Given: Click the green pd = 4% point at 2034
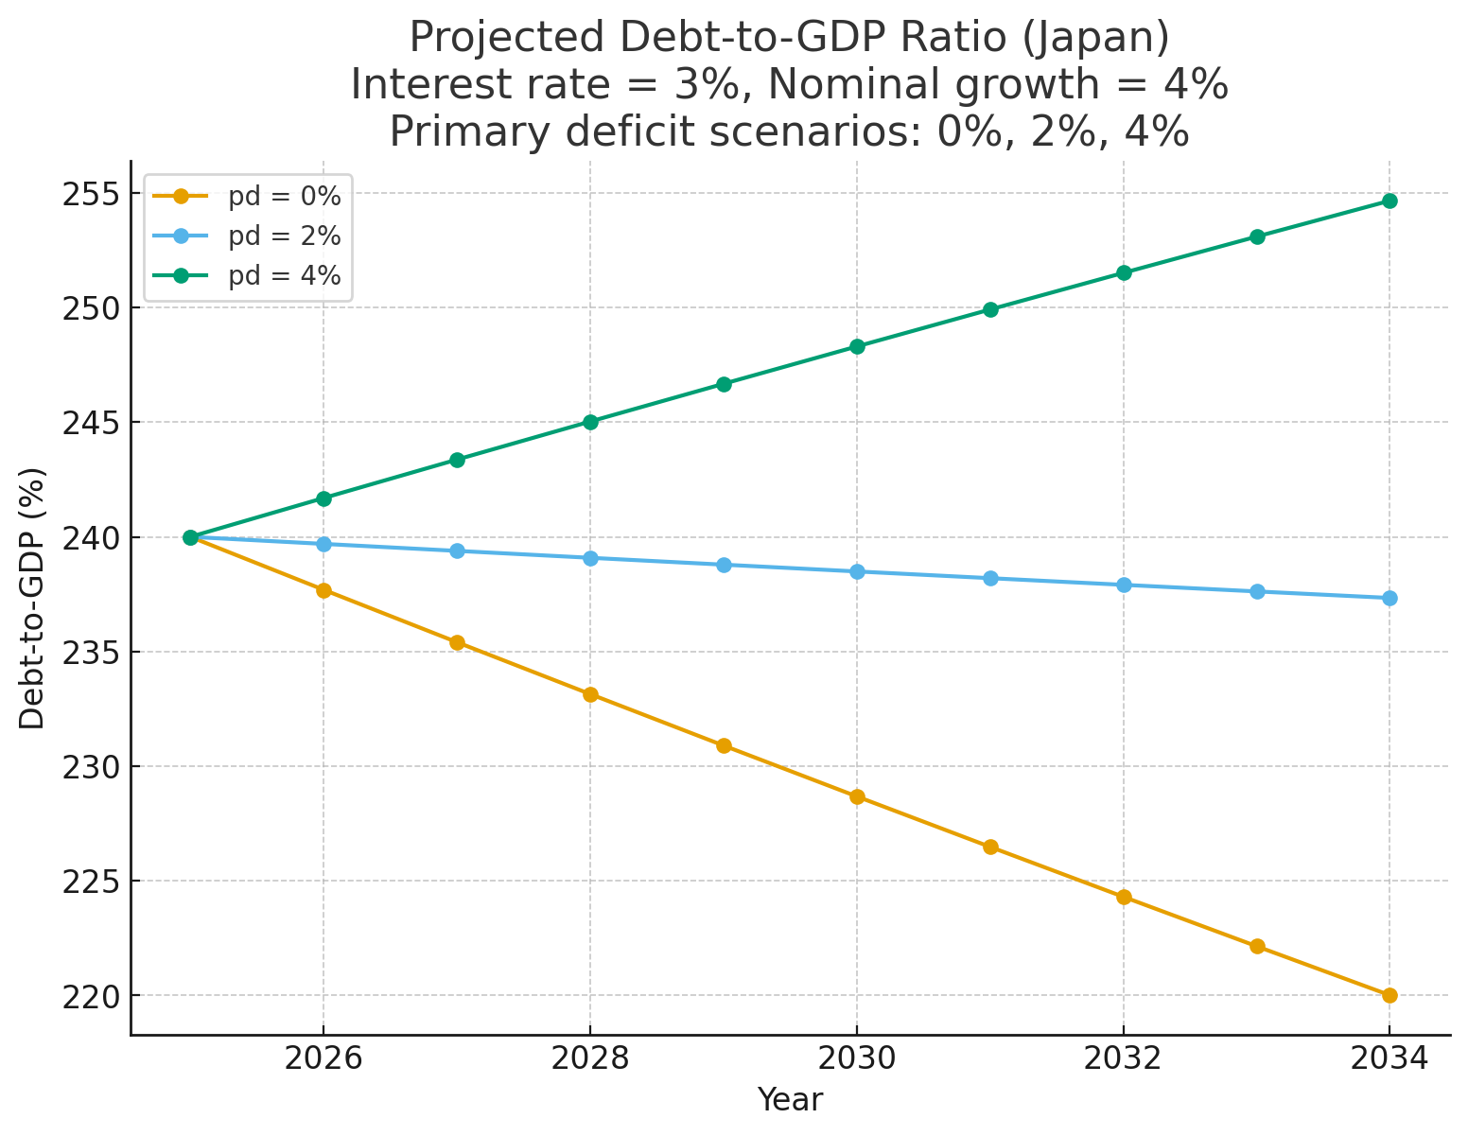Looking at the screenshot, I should [x=1389, y=201].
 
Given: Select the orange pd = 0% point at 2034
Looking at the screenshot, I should [x=1389, y=995].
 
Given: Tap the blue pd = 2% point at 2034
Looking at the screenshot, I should [x=1389, y=598].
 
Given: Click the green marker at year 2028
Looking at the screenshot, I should [x=590, y=422].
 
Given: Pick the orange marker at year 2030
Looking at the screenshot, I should [x=857, y=796].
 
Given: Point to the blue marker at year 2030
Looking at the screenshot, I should [x=857, y=571].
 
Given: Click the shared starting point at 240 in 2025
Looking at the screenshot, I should [x=190, y=537].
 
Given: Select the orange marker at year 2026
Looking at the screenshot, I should [x=323, y=590].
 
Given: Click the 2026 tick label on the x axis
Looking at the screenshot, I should [x=323, y=1057].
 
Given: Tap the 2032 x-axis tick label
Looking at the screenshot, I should [x=1123, y=1057].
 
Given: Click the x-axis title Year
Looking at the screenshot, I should [x=790, y=1100].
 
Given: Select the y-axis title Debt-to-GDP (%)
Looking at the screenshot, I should [x=32, y=598].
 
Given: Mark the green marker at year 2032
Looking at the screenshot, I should [x=1124, y=272].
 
